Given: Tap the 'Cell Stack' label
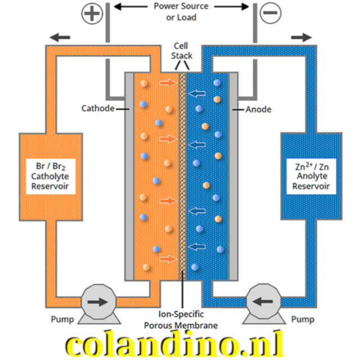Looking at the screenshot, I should [x=181, y=51].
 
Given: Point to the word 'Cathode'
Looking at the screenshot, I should [x=98, y=109].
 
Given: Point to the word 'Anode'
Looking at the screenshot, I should [x=258, y=109].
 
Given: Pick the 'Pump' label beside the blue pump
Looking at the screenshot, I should [x=303, y=319].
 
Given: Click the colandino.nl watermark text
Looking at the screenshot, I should [x=180, y=343].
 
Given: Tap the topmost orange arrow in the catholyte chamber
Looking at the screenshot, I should [x=168, y=83].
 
